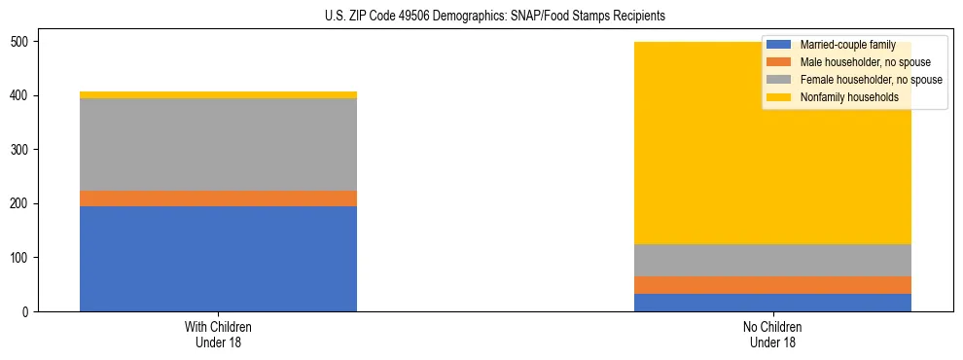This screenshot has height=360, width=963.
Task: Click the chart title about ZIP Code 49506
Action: click(x=495, y=17)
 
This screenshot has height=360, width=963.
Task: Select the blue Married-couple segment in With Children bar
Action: click(x=218, y=259)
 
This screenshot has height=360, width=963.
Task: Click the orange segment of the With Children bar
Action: click(x=218, y=198)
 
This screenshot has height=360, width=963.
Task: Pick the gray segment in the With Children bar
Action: click(x=218, y=145)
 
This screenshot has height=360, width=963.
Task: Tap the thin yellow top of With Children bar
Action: click(x=218, y=95)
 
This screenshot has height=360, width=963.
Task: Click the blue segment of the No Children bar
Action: click(x=772, y=303)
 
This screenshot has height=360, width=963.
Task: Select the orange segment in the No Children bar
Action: click(x=772, y=285)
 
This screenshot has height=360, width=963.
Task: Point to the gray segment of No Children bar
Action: click(x=772, y=261)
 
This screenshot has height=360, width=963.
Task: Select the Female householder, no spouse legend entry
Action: click(x=870, y=80)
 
